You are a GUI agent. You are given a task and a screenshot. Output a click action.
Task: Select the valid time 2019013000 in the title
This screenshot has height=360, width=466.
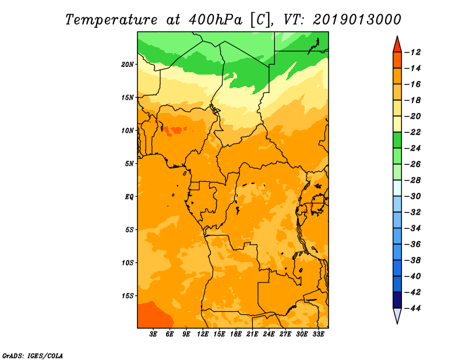point(356,19)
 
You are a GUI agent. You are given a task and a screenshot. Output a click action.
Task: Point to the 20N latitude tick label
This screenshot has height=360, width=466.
point(128,64)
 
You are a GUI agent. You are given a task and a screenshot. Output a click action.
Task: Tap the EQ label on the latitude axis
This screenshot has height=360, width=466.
point(129,196)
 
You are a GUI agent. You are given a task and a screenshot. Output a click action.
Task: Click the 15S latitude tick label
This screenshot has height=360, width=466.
point(128,295)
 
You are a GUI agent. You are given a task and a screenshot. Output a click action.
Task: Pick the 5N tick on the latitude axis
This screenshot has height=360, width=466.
point(129,164)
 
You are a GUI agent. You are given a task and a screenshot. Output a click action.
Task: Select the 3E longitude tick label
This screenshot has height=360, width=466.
point(153,334)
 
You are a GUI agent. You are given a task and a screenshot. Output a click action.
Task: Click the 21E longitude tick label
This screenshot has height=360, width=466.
point(252,334)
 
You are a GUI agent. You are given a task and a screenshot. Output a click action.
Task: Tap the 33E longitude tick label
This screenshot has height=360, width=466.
point(318,334)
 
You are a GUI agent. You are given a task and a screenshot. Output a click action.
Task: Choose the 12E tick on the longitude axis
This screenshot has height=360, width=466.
point(203,334)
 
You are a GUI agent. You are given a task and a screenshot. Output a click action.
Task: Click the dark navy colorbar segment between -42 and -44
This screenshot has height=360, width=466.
point(397,299)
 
